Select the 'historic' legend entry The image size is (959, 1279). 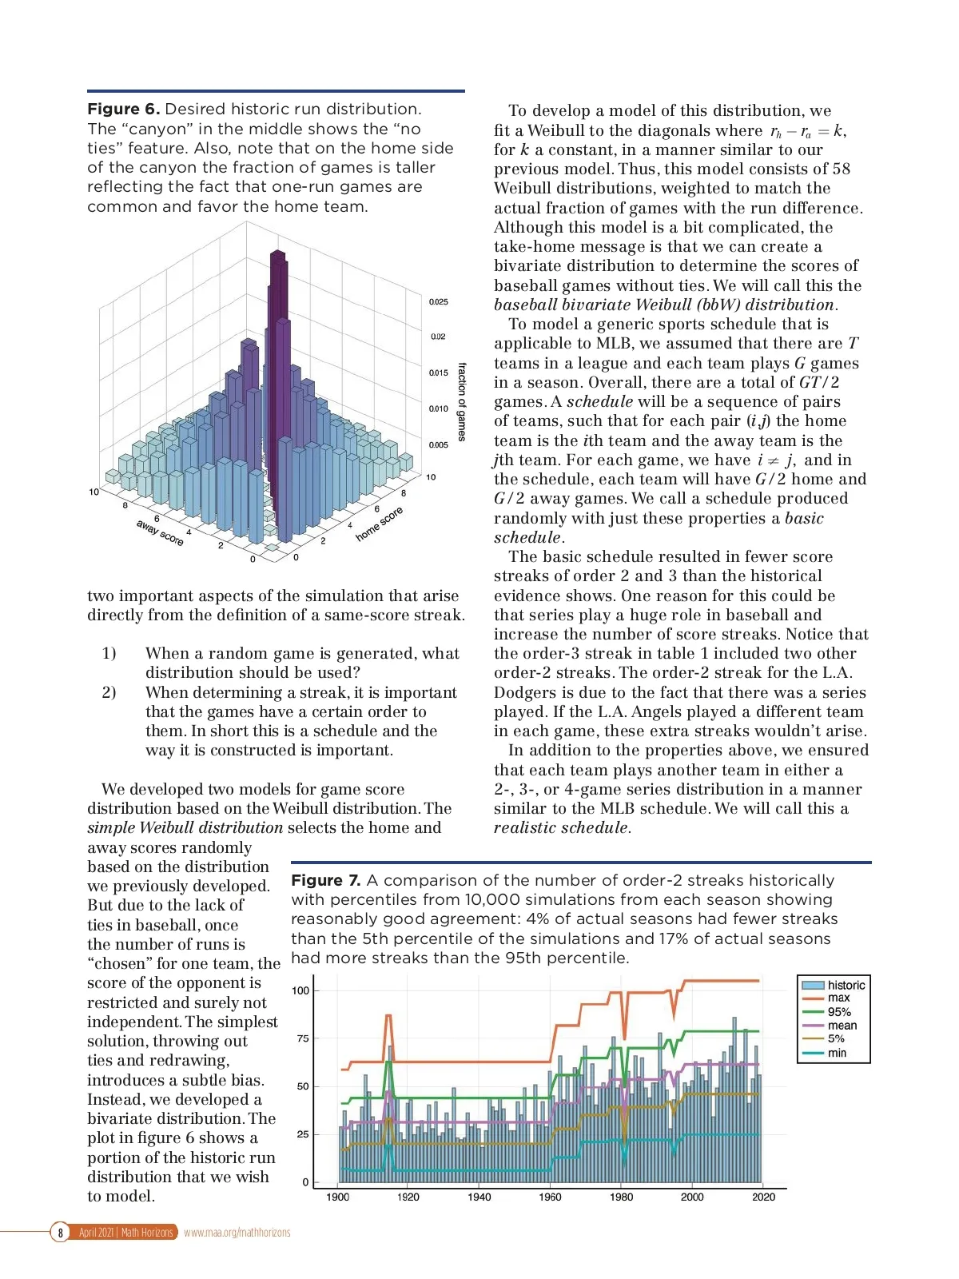pos(846,985)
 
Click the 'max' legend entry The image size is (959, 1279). pos(838,998)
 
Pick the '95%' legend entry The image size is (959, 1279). pos(839,1012)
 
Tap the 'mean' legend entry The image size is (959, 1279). pos(842,1026)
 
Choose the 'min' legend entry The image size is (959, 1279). pos(837,1053)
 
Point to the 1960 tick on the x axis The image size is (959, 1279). pos(550,1197)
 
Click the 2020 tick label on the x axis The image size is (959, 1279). pos(763,1197)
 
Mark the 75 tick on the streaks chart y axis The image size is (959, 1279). pos(302,1038)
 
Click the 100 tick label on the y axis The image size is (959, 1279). pos(300,990)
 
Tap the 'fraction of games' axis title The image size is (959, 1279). pos(461,402)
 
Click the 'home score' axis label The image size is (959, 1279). pos(379,524)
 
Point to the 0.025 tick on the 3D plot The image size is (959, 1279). pos(438,302)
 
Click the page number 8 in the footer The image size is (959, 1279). pos(60,1233)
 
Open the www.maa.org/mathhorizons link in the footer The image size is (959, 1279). pos(237,1233)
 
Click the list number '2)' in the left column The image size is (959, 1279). pos(109,692)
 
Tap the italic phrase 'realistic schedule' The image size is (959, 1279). pos(561,828)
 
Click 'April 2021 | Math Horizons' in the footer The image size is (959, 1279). pos(125,1233)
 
